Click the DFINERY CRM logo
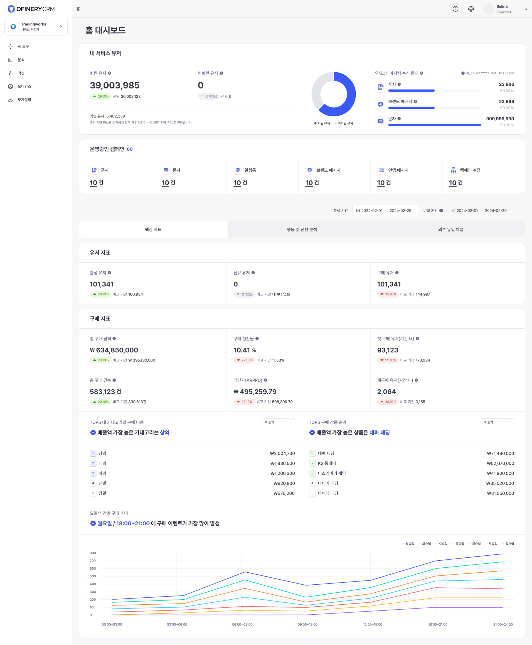[x=31, y=9]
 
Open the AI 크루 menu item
[x=23, y=47]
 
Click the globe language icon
[x=471, y=9]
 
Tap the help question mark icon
[x=455, y=9]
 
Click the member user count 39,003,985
[x=115, y=85]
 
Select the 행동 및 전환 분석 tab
[x=302, y=229]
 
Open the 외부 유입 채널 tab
[x=451, y=229]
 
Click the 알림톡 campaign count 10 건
[x=240, y=183]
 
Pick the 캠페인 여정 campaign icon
[x=453, y=170]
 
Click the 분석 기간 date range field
[x=386, y=211]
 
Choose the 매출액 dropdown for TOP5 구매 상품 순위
[x=497, y=422]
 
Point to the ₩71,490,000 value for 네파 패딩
[x=500, y=453]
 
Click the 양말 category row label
[x=102, y=493]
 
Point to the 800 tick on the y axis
[x=93, y=553]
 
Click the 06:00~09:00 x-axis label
[x=242, y=625]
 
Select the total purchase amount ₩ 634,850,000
[x=114, y=350]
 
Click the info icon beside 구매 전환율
[x=257, y=339]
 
